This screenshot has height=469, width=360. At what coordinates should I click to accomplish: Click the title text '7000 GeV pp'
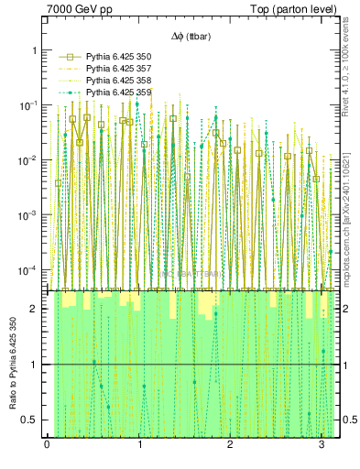[79, 10]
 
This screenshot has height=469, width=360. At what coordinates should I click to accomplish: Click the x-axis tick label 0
[47, 446]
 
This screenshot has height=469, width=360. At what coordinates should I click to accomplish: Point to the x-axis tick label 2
[230, 446]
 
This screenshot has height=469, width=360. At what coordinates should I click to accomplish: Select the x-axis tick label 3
[322, 446]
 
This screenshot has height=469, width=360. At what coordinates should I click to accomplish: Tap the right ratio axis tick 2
[347, 309]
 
